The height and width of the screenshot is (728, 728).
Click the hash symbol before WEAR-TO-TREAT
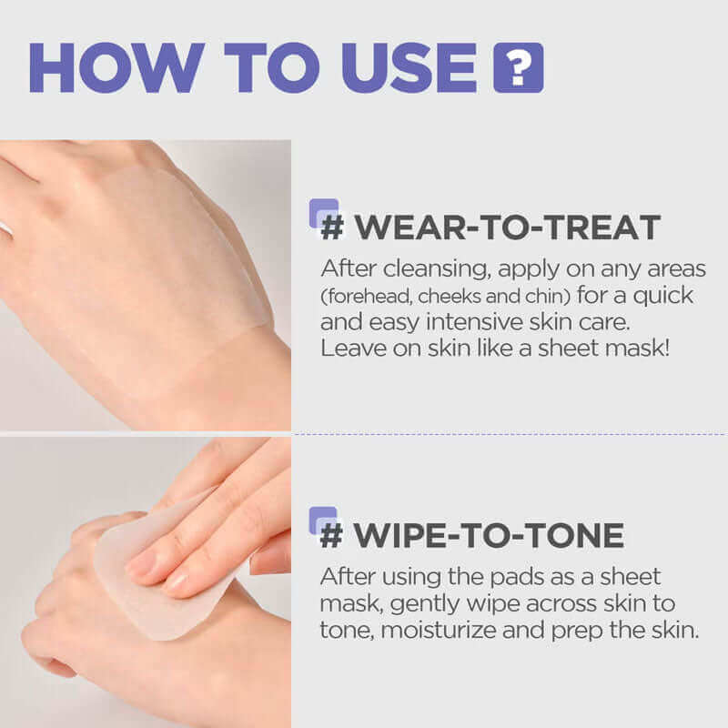point(332,227)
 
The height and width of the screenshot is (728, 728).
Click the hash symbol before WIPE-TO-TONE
point(332,534)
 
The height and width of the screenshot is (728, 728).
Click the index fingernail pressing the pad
point(144,565)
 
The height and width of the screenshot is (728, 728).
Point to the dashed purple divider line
point(510,434)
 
